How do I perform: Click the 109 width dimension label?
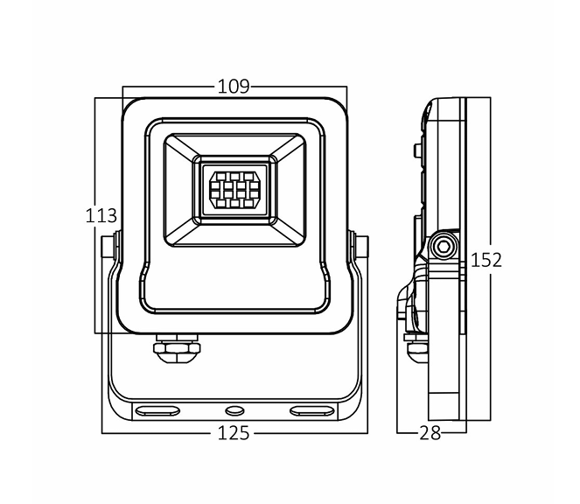tap(234, 86)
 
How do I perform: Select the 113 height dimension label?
tap(101, 215)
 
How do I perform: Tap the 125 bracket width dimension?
tap(234, 432)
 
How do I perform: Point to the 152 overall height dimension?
tap(486, 259)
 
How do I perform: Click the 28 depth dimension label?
tap(430, 432)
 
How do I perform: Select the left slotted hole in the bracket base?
tap(158, 409)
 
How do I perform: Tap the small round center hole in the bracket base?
tap(234, 409)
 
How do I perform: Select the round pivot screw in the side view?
tap(443, 247)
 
